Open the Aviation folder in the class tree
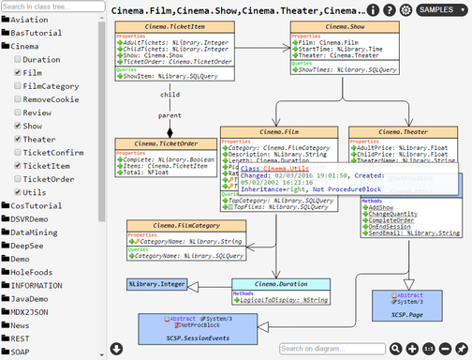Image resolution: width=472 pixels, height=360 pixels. tap(31, 19)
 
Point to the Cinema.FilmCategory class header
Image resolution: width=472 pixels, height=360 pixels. tap(180, 225)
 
